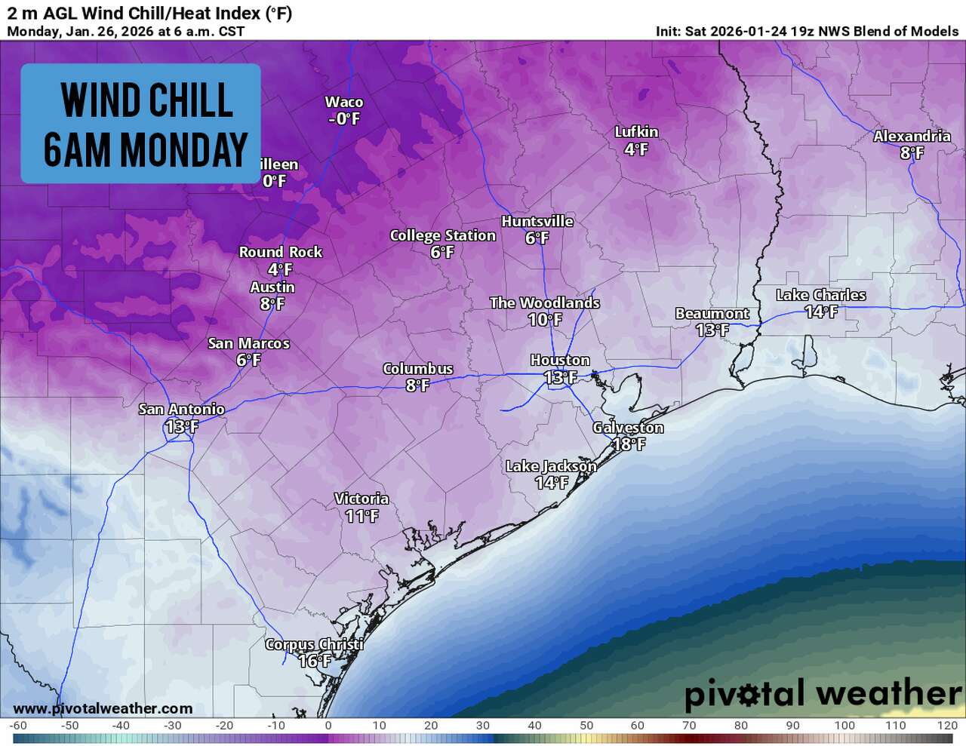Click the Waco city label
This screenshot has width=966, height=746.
pyautogui.click(x=343, y=102)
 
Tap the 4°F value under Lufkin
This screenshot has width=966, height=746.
pyautogui.click(x=636, y=149)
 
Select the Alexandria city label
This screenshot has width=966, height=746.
pyautogui.click(x=912, y=136)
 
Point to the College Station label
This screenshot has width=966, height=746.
pyautogui.click(x=442, y=235)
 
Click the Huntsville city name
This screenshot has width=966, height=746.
pyautogui.click(x=537, y=221)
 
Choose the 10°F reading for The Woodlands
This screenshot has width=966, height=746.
pyautogui.click(x=545, y=320)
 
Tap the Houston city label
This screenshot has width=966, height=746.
pyautogui.click(x=559, y=361)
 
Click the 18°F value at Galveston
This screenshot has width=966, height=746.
pyautogui.click(x=628, y=444)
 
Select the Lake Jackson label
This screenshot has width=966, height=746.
pyautogui.click(x=550, y=466)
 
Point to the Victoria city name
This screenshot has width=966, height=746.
pyautogui.click(x=361, y=499)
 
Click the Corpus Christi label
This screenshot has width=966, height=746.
pyautogui.click(x=314, y=645)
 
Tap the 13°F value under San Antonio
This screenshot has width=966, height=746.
pyautogui.click(x=181, y=427)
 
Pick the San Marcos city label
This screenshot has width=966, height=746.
pyautogui.click(x=248, y=344)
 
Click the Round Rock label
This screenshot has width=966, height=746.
pyautogui.click(x=280, y=252)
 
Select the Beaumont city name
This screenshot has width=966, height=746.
pyautogui.click(x=712, y=313)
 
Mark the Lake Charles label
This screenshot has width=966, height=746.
pyautogui.click(x=820, y=295)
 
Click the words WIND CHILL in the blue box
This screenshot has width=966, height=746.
pyautogui.click(x=146, y=100)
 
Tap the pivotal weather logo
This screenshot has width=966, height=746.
pyautogui.click(x=822, y=693)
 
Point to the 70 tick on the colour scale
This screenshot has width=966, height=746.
pyautogui.click(x=689, y=726)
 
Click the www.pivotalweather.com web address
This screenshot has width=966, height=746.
pyautogui.click(x=103, y=708)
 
